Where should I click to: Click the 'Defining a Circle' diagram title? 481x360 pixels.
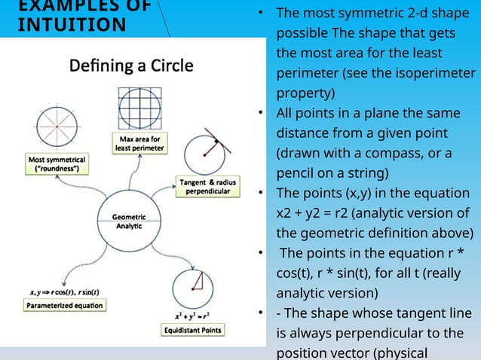[131, 66]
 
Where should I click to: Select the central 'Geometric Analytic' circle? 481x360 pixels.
[124, 221]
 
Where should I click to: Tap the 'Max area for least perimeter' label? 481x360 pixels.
[140, 143]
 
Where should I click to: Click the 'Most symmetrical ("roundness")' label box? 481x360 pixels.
[57, 164]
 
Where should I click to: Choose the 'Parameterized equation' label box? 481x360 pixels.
[65, 306]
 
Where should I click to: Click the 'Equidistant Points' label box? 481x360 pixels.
[195, 329]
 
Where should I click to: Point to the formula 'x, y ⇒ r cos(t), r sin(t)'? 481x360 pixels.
[66, 291]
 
